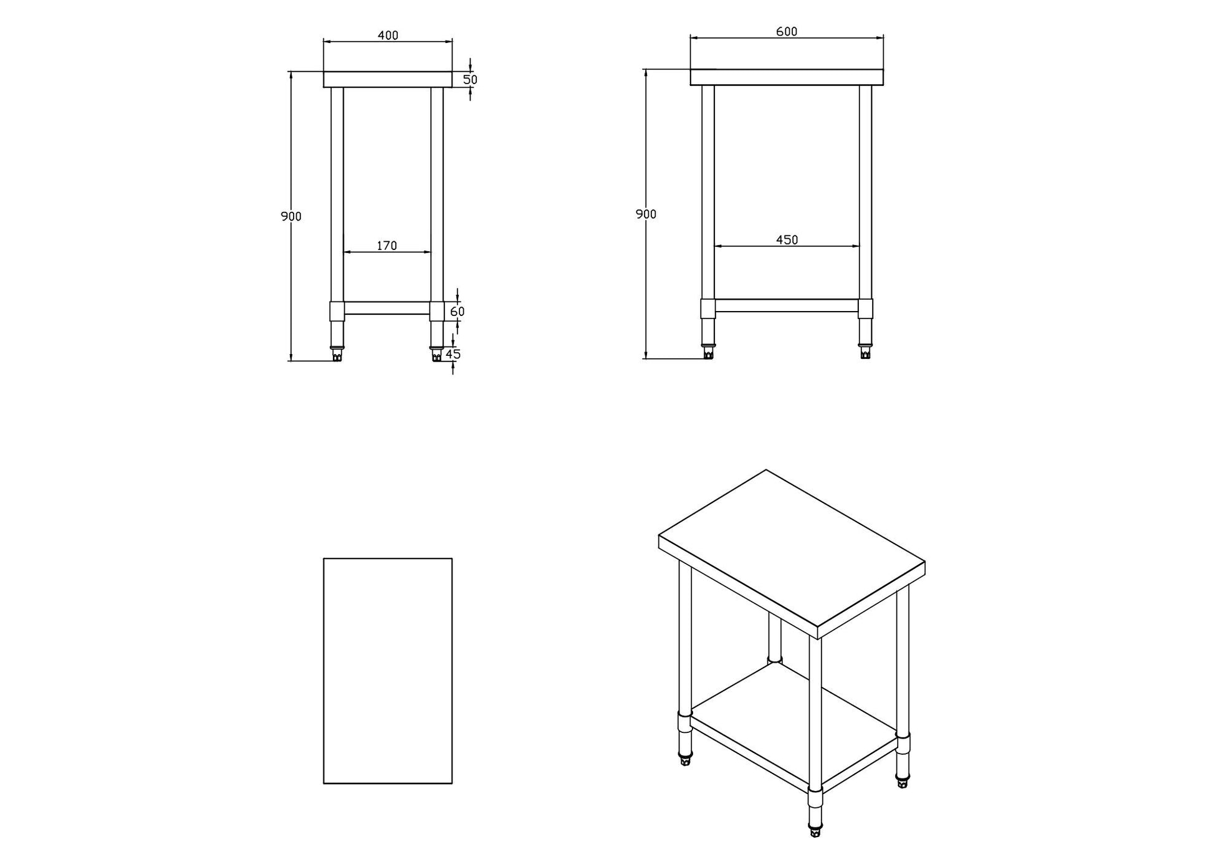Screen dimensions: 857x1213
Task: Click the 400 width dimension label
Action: (x=388, y=36)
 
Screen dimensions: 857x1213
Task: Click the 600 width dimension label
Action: (x=786, y=32)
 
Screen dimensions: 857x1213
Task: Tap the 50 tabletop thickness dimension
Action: (x=470, y=80)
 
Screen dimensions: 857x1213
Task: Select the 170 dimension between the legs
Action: (x=386, y=246)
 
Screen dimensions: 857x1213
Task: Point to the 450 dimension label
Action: (x=787, y=240)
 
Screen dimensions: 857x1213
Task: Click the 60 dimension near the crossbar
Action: (x=457, y=311)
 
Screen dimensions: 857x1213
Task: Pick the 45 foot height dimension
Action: (x=454, y=354)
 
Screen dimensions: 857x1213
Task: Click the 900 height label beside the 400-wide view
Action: (x=291, y=216)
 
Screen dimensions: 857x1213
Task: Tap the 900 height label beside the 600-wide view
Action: (x=646, y=214)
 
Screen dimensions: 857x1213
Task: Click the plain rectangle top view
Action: (x=387, y=670)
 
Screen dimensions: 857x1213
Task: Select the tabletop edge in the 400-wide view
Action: (x=387, y=79)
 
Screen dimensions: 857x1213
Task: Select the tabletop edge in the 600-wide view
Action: (x=786, y=77)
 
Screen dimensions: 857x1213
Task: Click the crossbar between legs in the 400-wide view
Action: (x=386, y=308)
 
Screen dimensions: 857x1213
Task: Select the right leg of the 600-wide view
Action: (x=865, y=193)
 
